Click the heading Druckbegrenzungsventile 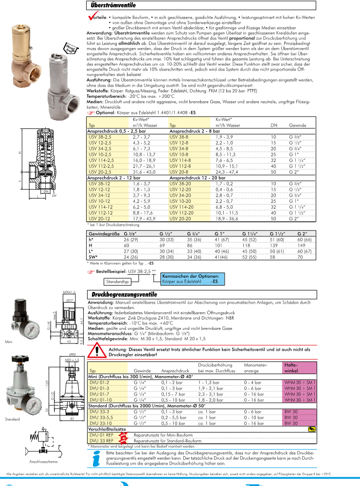coord(124,294)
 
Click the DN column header coord(274,126)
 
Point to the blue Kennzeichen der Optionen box coord(190,278)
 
